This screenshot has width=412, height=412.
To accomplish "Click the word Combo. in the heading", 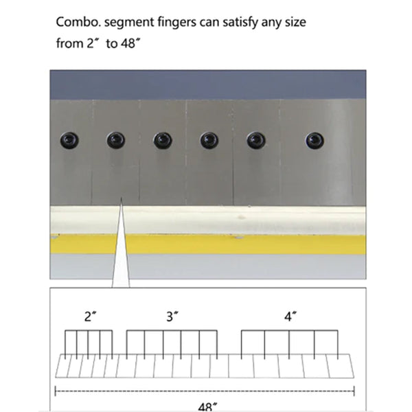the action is click(x=78, y=22).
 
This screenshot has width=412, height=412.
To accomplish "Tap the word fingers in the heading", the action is click(x=176, y=23).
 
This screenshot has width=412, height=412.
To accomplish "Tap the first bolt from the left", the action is click(x=69, y=140).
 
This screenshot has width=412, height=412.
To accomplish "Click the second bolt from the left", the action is click(x=116, y=140).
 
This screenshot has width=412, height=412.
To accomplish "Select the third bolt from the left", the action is click(x=163, y=140).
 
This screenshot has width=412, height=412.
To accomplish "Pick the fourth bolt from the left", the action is click(x=209, y=140).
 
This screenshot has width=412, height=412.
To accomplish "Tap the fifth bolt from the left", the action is click(x=256, y=140).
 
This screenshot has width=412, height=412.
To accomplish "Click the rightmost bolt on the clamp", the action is click(x=314, y=140).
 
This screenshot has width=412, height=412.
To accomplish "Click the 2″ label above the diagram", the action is click(x=91, y=317).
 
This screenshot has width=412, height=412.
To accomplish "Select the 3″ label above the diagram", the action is click(x=172, y=317).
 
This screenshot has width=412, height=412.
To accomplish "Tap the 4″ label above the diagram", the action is click(x=290, y=317).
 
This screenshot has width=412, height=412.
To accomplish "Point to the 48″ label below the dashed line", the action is click(x=207, y=407).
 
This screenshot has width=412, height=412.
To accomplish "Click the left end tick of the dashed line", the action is click(x=55, y=391).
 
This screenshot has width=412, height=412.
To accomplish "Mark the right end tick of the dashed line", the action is click(x=354, y=391).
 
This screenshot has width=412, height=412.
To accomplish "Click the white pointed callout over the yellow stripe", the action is click(x=121, y=252).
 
